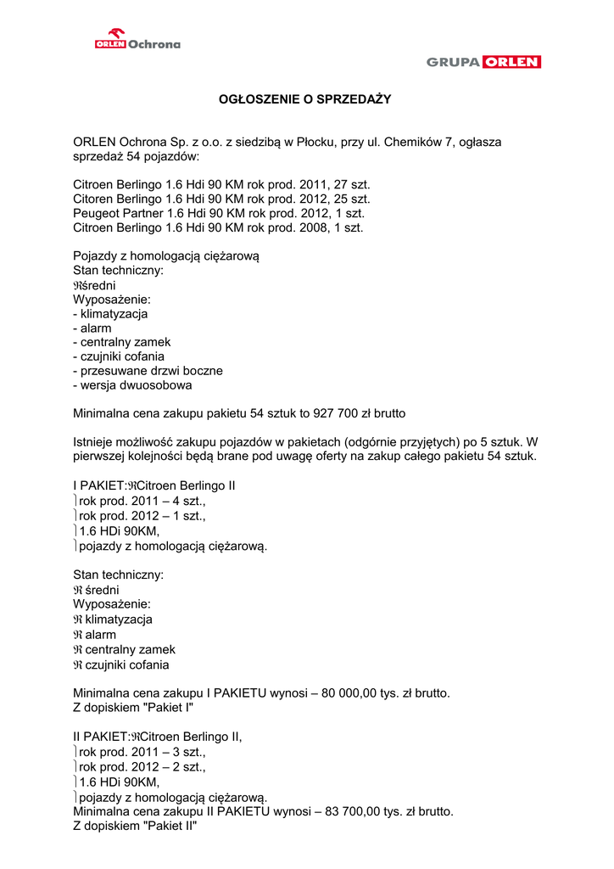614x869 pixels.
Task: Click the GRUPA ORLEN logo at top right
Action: [483, 62]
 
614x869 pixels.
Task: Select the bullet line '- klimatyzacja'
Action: [110, 313]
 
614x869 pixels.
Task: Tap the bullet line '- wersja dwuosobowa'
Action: [132, 385]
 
